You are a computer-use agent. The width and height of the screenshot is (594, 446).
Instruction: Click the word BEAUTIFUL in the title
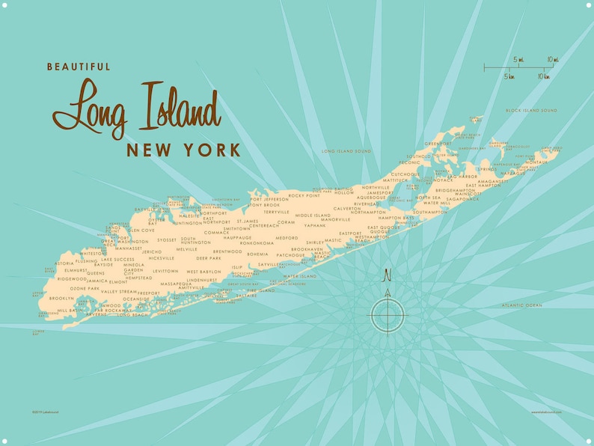point(79,67)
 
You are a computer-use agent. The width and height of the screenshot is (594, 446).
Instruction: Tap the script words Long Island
point(136,109)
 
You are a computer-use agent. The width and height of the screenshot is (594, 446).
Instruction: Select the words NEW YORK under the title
point(183,150)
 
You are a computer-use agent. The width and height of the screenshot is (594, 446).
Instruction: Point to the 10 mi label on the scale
point(552,59)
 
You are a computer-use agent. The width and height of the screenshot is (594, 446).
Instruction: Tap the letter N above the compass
point(387,275)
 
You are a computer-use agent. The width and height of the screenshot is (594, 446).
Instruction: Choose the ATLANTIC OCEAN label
point(522,305)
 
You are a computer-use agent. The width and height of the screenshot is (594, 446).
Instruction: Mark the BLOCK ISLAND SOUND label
point(531,110)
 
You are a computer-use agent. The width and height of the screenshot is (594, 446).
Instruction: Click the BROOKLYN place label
point(61,298)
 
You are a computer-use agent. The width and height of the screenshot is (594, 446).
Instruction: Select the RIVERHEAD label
point(367,204)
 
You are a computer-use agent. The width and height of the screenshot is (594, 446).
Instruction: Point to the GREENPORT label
point(438,144)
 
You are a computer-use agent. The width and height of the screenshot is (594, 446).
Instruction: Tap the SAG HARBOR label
point(462,177)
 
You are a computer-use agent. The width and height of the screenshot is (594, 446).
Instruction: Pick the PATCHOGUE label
point(291,255)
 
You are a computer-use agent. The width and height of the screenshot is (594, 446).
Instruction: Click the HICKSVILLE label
point(161,257)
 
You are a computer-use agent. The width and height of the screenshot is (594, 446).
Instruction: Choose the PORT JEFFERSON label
point(269,200)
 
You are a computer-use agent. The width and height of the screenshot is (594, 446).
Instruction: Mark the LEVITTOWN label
point(165,271)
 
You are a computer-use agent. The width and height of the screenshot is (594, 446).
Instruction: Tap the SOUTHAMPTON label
point(429,212)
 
